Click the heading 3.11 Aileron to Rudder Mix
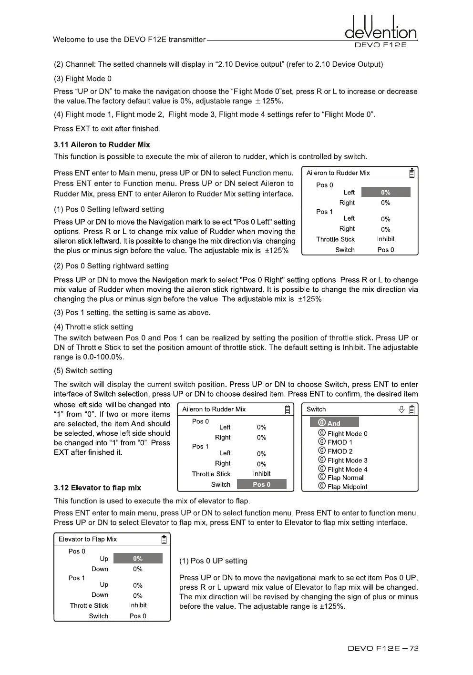(x=102, y=144)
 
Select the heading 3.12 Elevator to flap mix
(x=97, y=488)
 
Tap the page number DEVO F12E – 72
(x=383, y=648)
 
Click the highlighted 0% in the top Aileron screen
(x=386, y=192)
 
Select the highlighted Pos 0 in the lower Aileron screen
(x=261, y=484)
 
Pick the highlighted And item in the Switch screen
(x=334, y=423)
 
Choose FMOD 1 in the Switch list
(x=339, y=442)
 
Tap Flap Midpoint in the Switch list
(x=347, y=487)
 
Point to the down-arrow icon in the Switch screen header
(x=401, y=409)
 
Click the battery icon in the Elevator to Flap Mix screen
(x=164, y=540)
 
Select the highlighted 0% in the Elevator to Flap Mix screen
(x=138, y=559)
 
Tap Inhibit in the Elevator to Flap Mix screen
(x=138, y=605)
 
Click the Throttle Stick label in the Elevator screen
(x=89, y=605)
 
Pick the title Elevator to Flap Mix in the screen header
(x=88, y=539)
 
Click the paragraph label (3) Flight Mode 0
(x=82, y=79)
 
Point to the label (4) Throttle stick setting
(x=93, y=327)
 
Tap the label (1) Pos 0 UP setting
(x=213, y=561)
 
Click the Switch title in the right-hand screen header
(x=316, y=409)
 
